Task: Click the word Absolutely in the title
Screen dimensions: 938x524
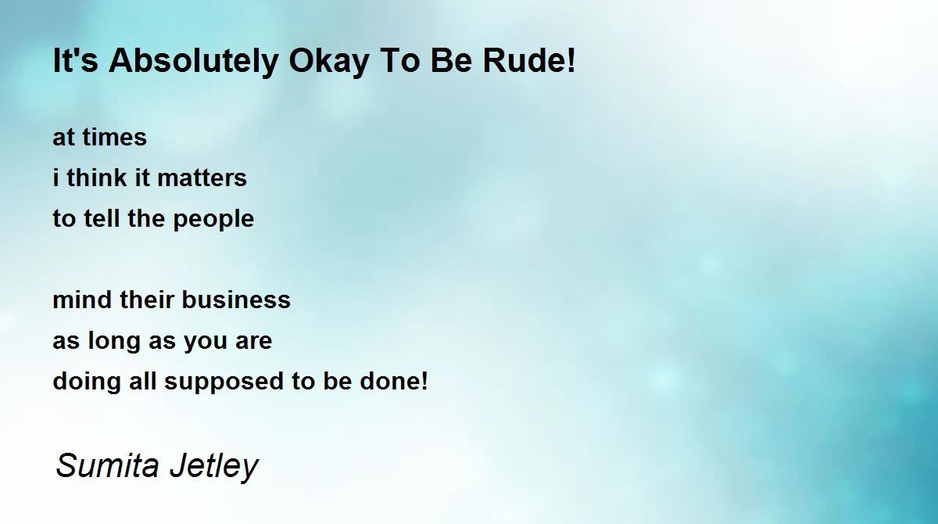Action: pyautogui.click(x=194, y=62)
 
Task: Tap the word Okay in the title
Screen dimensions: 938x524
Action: pyautogui.click(x=329, y=62)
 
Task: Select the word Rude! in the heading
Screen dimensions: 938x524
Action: pyautogui.click(x=529, y=60)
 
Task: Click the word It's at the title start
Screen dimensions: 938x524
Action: pyautogui.click(x=75, y=60)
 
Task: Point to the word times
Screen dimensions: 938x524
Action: pyautogui.click(x=114, y=137)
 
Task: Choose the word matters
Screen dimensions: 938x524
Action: pyautogui.click(x=202, y=178)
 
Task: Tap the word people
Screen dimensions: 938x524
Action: pyautogui.click(x=213, y=220)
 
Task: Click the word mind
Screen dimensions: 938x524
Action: pyautogui.click(x=82, y=300)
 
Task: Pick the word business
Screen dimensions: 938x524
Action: pyautogui.click(x=236, y=300)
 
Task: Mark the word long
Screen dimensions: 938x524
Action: pyautogui.click(x=114, y=341)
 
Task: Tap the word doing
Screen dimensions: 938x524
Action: pyautogui.click(x=87, y=382)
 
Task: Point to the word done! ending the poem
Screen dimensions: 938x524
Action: pyautogui.click(x=394, y=381)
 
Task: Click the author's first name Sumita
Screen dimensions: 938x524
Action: pyautogui.click(x=108, y=465)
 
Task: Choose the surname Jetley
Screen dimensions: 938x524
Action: pyautogui.click(x=214, y=467)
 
